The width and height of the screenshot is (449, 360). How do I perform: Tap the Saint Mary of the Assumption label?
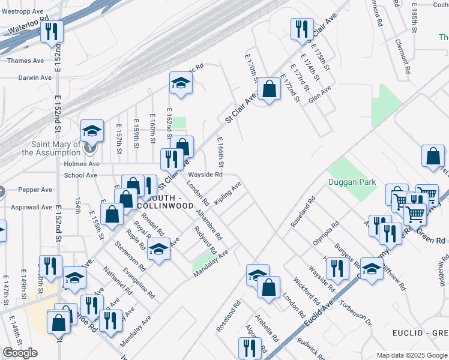(x=51, y=148)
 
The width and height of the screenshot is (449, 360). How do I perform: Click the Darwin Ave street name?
(x=26, y=78)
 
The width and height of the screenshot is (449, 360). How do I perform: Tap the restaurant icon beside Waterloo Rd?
(x=52, y=31)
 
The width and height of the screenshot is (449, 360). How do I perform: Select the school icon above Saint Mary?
(x=92, y=130)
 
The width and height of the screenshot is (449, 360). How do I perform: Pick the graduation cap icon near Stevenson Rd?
(x=158, y=249)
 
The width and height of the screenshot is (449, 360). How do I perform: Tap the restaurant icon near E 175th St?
(x=302, y=28)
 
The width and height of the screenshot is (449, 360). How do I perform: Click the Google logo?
(x=20, y=353)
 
